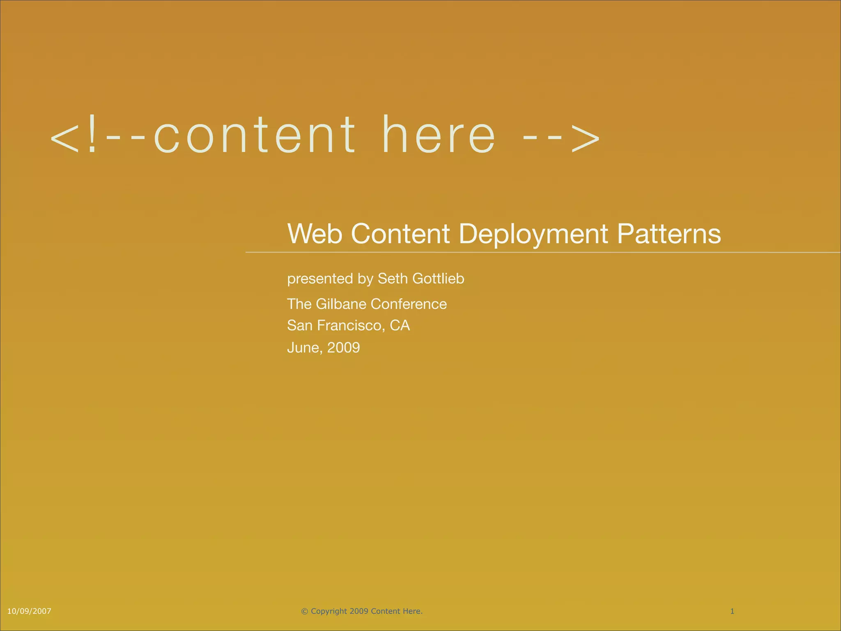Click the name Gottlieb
(438, 279)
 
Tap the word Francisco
(351, 325)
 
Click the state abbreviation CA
(400, 325)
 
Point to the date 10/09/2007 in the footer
(30, 611)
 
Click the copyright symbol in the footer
(304, 611)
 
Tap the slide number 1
(732, 611)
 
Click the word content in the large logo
(255, 136)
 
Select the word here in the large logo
(439, 136)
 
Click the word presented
(320, 279)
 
